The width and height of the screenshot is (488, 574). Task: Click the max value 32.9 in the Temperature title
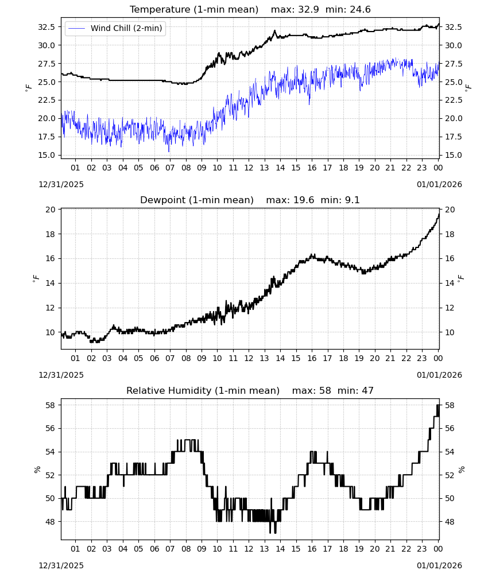pyautogui.click(x=309, y=9)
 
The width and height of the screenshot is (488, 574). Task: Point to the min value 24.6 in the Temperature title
pyautogui.click(x=360, y=9)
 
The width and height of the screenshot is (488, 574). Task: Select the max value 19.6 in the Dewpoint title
pyautogui.click(x=304, y=200)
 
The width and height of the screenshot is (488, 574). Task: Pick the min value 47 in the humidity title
pyautogui.click(x=367, y=390)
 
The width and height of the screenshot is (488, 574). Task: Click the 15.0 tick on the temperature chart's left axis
pyautogui.click(x=47, y=155)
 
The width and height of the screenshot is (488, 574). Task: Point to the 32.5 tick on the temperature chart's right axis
pyautogui.click(x=453, y=27)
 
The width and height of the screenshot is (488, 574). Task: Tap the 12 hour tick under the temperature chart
pyautogui.click(x=249, y=168)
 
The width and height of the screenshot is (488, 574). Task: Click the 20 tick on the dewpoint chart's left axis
pyautogui.click(x=51, y=210)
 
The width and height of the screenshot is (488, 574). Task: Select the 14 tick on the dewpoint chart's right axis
pyautogui.click(x=449, y=283)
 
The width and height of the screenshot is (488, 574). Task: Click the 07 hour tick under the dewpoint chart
pyautogui.click(x=170, y=358)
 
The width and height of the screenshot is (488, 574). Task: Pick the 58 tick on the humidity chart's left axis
pyautogui.click(x=51, y=405)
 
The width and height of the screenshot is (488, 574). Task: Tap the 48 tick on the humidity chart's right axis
pyautogui.click(x=449, y=522)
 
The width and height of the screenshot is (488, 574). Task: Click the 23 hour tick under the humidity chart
pyautogui.click(x=422, y=549)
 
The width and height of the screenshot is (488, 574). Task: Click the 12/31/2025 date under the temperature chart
pyautogui.click(x=61, y=184)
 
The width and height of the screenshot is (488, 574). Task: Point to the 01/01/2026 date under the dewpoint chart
pyautogui.click(x=439, y=375)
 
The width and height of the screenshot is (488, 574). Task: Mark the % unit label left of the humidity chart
pyautogui.click(x=37, y=470)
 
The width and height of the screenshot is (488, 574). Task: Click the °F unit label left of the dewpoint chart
pyautogui.click(x=36, y=278)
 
